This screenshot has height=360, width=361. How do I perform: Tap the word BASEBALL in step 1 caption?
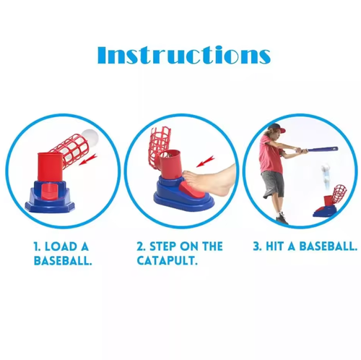pyautogui.click(x=63, y=260)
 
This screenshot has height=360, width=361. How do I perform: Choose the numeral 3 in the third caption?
pyautogui.click(x=256, y=247)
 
